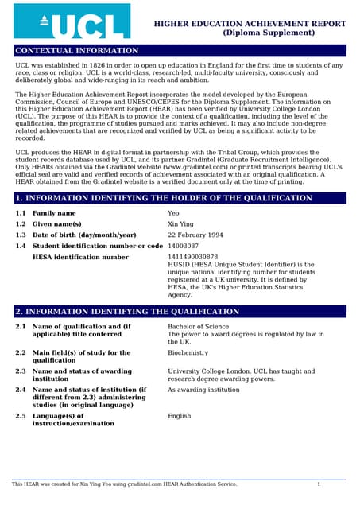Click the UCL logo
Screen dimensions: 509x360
tap(72, 21)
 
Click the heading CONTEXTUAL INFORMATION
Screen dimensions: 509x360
tap(77, 51)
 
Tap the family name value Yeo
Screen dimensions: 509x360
tap(174, 213)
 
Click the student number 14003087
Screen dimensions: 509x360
tap(184, 247)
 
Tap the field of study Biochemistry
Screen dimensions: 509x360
tap(188, 352)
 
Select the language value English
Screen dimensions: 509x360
tap(180, 416)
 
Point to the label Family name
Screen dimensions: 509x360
tap(54, 213)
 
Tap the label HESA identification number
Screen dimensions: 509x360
tap(80, 258)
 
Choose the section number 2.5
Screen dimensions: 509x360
tap(21, 416)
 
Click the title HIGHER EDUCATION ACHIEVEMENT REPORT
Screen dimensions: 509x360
tap(250, 25)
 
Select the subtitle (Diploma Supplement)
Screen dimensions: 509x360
tap(250, 33)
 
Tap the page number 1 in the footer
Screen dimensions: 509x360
tap(319, 484)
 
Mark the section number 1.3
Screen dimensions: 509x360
tap(21, 235)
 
